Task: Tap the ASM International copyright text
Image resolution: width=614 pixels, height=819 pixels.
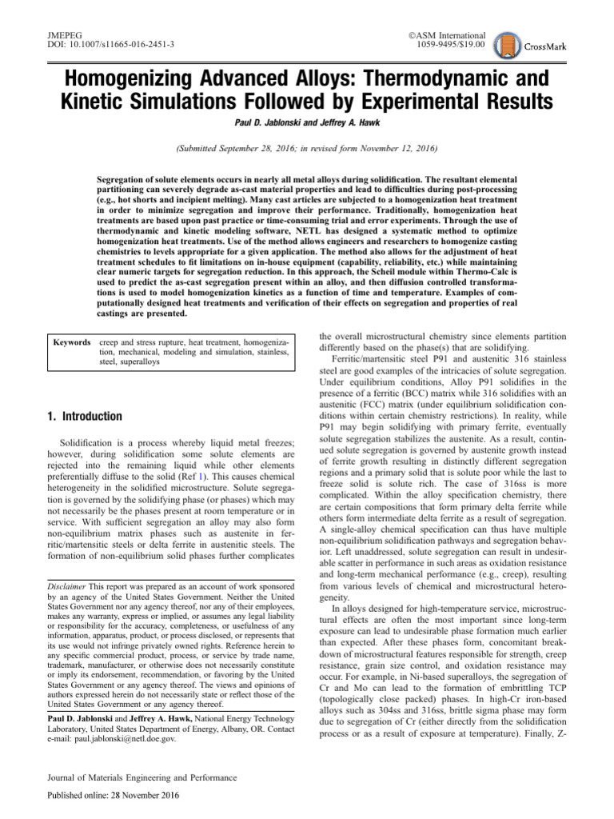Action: pos(446,35)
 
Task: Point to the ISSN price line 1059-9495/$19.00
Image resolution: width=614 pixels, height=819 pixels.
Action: pos(451,46)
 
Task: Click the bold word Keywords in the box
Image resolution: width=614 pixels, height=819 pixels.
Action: pos(72,342)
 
